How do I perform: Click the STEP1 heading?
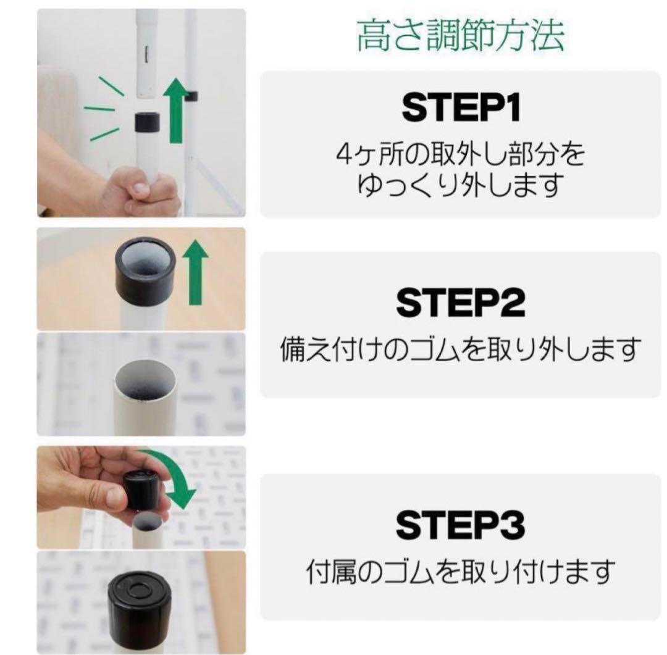[461, 108]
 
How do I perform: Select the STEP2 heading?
[461, 302]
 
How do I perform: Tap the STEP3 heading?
[461, 526]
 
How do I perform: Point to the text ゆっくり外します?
[461, 184]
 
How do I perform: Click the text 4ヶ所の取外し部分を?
[461, 155]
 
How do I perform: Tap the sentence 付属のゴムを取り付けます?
[461, 572]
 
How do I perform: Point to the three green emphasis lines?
[103, 111]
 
